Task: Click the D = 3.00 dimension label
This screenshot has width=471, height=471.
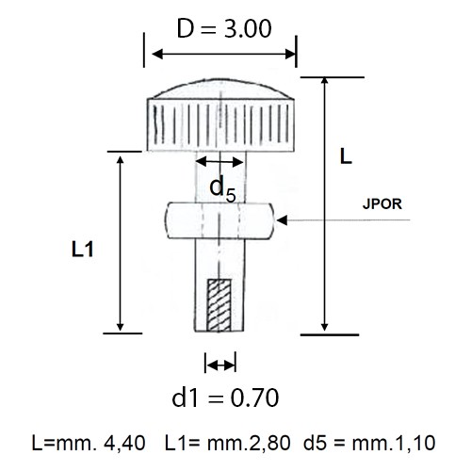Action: (x=224, y=28)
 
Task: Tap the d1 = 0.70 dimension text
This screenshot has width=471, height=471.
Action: (x=225, y=398)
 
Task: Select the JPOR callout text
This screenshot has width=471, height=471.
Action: (x=382, y=204)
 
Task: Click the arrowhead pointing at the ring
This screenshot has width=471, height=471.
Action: (x=282, y=220)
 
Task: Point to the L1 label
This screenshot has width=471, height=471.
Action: (x=83, y=250)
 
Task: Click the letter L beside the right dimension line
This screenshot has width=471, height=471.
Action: (x=346, y=156)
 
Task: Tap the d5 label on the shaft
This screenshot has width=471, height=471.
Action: (x=222, y=188)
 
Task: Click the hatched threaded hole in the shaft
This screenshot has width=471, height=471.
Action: (x=219, y=305)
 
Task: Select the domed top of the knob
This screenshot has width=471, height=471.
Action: (x=220, y=89)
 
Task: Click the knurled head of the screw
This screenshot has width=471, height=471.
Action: (x=220, y=125)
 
